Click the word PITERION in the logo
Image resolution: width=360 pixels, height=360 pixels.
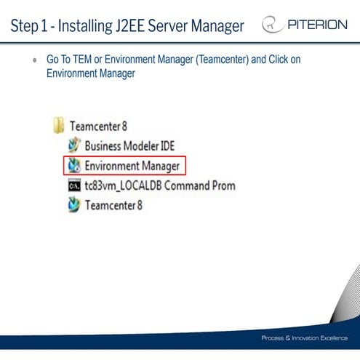tap(316, 25)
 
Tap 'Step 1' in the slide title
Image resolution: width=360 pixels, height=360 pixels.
tap(30, 26)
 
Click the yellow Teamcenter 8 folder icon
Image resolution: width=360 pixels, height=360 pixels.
tap(60, 126)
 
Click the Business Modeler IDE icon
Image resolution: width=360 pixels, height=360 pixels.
tap(73, 145)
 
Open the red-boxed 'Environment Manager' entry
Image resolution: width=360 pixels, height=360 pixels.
tap(132, 165)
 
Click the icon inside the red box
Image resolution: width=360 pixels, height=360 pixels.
tap(73, 165)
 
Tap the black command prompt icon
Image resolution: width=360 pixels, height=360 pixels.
tap(73, 185)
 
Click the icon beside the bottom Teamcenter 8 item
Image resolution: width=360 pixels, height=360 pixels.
tap(73, 205)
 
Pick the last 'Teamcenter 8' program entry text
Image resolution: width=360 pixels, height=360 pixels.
tap(114, 205)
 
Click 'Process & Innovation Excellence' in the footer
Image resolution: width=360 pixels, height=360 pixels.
tap(304, 339)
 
